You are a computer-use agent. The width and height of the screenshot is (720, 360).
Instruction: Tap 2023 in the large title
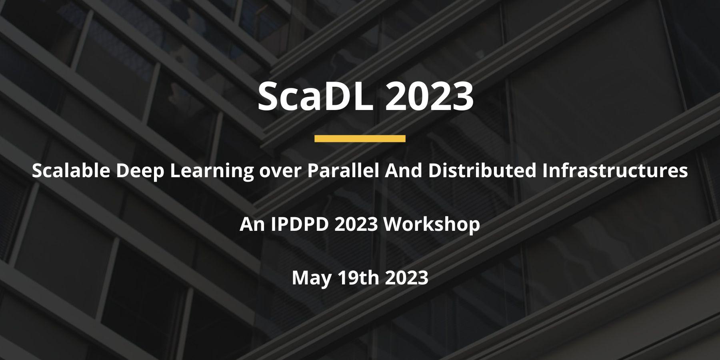(429, 97)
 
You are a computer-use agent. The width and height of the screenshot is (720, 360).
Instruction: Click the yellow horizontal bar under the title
(360, 138)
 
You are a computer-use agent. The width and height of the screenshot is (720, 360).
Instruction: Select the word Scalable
(71, 171)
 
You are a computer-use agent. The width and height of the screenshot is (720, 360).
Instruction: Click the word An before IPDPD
(252, 225)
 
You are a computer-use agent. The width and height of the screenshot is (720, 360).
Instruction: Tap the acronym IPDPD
(300, 225)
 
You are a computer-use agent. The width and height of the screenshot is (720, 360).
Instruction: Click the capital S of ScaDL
(268, 97)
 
